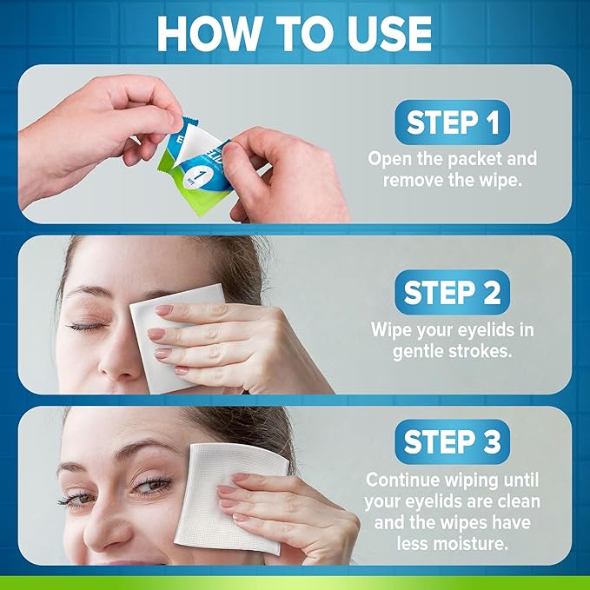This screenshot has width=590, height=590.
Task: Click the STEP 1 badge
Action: click(451, 123)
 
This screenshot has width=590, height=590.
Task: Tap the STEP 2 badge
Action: click(452, 294)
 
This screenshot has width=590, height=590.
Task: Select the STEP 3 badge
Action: click(452, 443)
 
